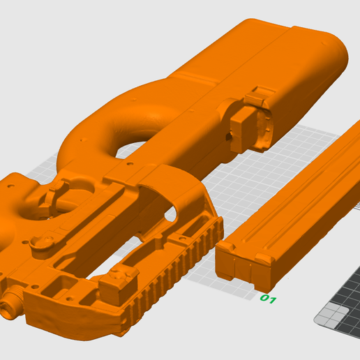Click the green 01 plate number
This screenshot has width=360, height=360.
pyautogui.click(x=268, y=299)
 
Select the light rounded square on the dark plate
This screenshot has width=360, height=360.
pyautogui.click(x=322, y=320)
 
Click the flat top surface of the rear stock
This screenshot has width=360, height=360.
pyautogui.click(x=279, y=42)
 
